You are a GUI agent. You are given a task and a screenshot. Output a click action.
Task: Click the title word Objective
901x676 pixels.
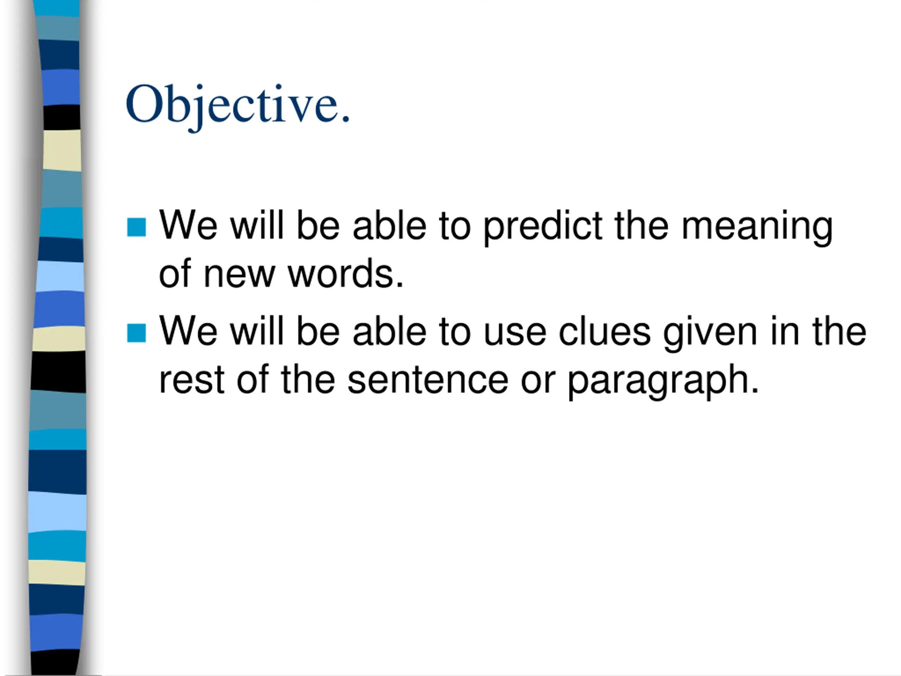[x=238, y=105]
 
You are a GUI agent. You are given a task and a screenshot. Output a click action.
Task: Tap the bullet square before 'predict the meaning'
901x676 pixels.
[x=137, y=227]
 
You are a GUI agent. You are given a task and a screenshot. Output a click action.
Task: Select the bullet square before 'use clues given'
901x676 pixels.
[x=137, y=333]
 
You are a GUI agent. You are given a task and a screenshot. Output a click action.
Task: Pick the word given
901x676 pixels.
[x=710, y=333]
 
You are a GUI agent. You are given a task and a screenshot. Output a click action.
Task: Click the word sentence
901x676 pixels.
[x=428, y=380]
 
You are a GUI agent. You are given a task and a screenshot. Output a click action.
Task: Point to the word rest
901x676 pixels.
[x=191, y=380]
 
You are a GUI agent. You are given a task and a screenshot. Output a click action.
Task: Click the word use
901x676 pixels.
[x=515, y=333]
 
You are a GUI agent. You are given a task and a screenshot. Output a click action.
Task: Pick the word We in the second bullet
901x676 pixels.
[x=188, y=331]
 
